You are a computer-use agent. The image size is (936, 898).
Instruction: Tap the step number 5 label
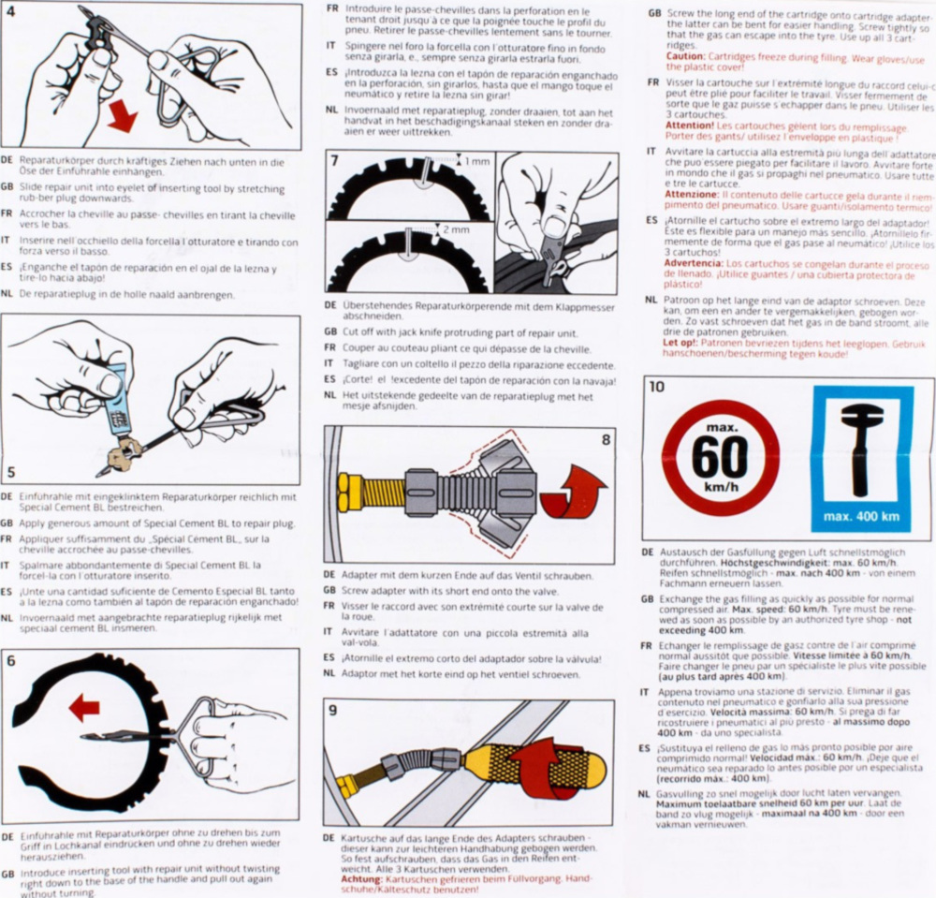11,473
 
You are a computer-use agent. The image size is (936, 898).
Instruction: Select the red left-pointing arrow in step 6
84,709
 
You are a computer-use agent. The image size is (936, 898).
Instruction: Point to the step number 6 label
11,661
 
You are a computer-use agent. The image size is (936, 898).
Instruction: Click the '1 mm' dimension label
477,161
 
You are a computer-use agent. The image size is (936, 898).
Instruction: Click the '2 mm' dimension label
456,229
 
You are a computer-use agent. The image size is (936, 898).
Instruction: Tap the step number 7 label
335,160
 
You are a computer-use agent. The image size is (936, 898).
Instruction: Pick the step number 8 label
606,440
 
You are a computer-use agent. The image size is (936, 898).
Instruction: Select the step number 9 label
333,710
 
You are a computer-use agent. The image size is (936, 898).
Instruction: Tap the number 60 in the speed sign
720,457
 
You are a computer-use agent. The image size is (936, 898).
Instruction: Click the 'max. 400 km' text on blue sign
861,516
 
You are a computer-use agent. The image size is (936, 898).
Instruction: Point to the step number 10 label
656,387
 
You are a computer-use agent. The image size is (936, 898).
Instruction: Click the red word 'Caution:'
686,57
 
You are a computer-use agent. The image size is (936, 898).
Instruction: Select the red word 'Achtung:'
361,879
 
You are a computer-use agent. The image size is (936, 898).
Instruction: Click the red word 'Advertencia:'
693,264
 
